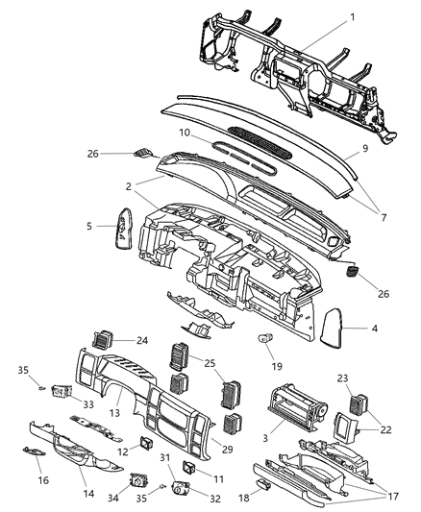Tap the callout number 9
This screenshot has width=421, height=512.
click(364, 150)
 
